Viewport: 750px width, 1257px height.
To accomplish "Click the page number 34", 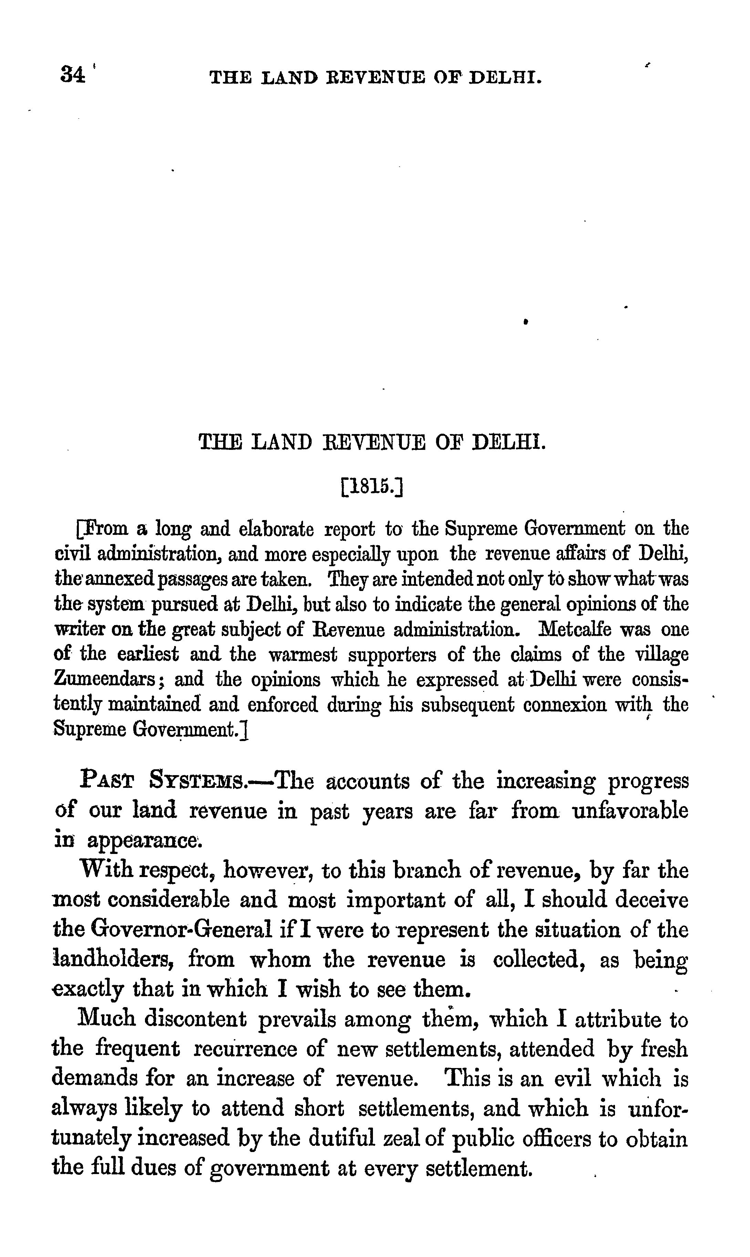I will pos(73,75).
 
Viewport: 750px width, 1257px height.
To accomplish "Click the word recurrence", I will pos(244,1048).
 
